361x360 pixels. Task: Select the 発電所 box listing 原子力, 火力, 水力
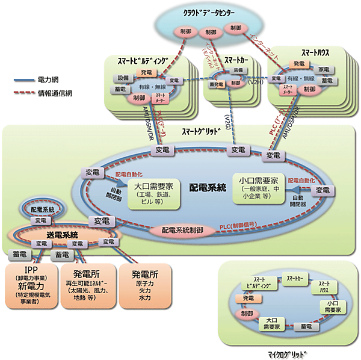144,284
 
